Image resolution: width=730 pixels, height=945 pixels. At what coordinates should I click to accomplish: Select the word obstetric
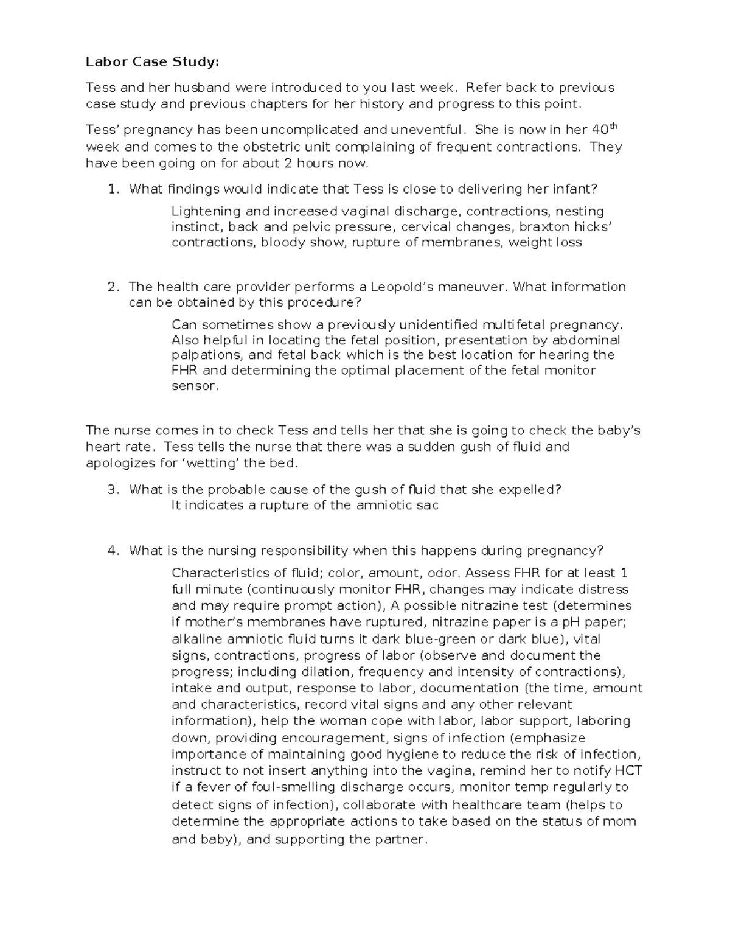(x=270, y=147)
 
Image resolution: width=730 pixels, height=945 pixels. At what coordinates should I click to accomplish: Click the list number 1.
(x=112, y=189)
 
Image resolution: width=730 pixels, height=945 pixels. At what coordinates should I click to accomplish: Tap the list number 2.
(x=112, y=287)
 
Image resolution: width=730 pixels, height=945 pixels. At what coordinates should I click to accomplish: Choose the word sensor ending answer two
(x=193, y=386)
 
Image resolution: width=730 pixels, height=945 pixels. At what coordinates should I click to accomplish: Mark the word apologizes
(x=120, y=463)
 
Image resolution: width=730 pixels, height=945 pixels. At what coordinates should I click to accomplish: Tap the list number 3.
(x=112, y=490)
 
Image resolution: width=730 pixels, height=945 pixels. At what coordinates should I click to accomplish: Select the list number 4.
(x=112, y=551)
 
